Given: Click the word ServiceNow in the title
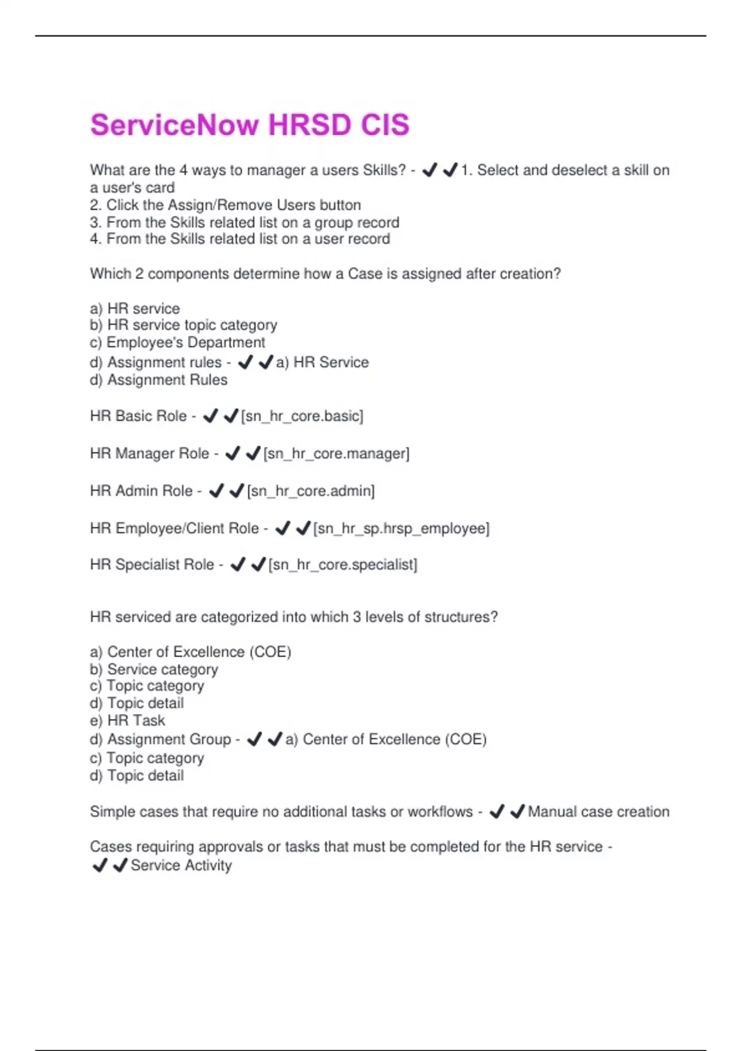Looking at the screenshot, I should pos(175,125).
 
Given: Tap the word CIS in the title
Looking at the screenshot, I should pos(385,125).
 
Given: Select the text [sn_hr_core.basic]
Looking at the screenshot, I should pos(302,416).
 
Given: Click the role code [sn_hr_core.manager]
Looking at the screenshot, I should pos(336,454).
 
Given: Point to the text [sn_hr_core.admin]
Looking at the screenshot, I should pos(311,491).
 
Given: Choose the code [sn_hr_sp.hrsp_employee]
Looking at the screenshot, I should pos(401,529).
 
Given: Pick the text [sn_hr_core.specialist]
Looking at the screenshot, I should pos(343,564).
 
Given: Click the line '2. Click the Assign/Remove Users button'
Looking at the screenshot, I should pos(225,205).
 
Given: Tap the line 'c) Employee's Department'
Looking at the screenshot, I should pos(177,343).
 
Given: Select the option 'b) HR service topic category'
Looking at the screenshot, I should pos(184,325).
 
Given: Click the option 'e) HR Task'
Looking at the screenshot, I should pos(127,720).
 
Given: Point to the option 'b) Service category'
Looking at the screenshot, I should pos(154,670).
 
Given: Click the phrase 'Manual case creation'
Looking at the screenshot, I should pos(599,812).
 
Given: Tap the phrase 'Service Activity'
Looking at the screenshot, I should pos(181,866).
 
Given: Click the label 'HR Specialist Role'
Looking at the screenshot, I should pos(151,564).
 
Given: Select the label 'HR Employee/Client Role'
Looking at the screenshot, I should pos(174,529).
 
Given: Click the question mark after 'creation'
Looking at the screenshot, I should pos(558,274).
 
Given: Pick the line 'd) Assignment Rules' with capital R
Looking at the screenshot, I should pos(159,380).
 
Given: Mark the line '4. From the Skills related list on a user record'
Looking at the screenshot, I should pos(240,239).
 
